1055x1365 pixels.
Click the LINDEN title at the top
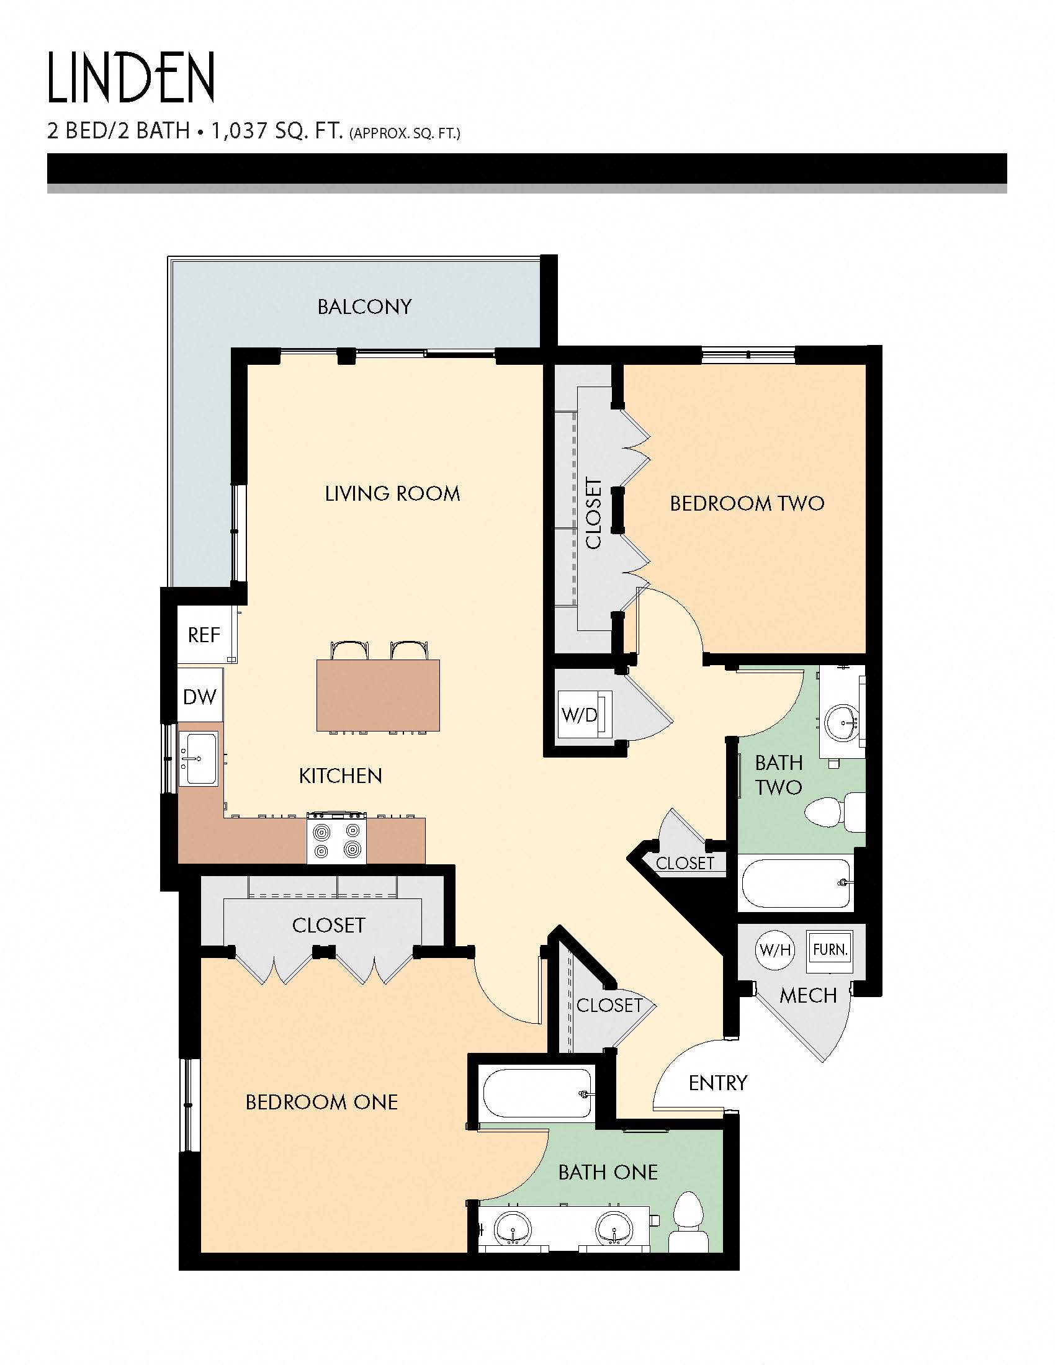(x=131, y=78)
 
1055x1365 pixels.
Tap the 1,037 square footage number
(x=238, y=131)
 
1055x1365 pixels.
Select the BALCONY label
(x=364, y=307)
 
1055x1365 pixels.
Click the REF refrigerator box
(x=204, y=635)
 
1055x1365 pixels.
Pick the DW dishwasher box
(x=200, y=696)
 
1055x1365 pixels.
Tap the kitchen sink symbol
(x=199, y=759)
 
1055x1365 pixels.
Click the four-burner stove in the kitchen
(x=337, y=840)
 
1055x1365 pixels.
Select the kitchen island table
(x=377, y=695)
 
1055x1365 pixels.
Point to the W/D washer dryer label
(x=580, y=715)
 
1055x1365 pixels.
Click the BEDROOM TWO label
(x=747, y=503)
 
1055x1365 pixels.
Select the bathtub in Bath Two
(x=796, y=882)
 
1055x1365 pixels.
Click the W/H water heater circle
(x=775, y=951)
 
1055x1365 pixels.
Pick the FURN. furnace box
(x=830, y=951)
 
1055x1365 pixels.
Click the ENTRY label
(x=717, y=1083)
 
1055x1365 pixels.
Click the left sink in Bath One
(x=513, y=1228)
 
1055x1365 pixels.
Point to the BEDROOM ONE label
(x=321, y=1102)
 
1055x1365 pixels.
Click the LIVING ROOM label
(x=392, y=494)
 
